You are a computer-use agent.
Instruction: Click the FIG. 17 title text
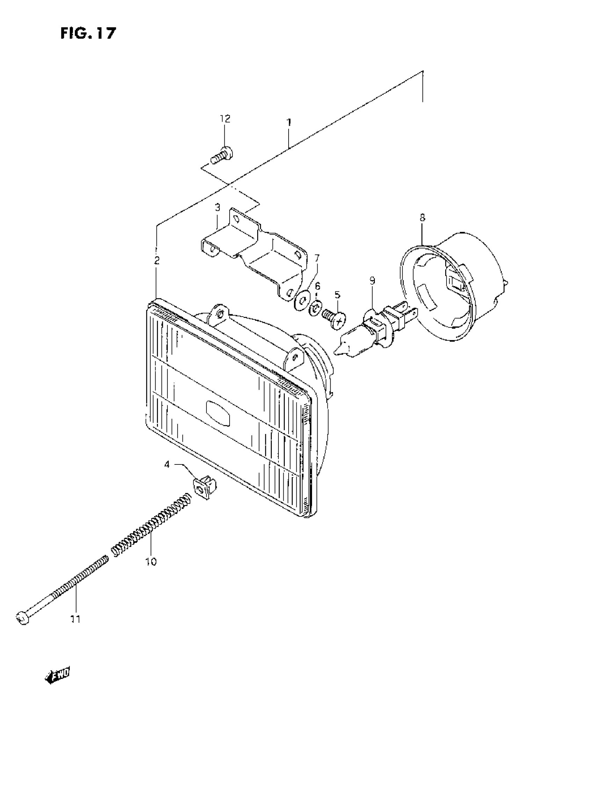tap(88, 34)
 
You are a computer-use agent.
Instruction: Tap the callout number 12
tap(225, 119)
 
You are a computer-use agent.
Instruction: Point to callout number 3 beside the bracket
tap(217, 208)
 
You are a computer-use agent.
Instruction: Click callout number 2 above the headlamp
tap(157, 260)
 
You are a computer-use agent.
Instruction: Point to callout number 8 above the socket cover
tap(422, 217)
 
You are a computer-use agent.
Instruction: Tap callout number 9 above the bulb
tap(372, 280)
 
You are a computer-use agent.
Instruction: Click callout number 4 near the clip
tap(167, 465)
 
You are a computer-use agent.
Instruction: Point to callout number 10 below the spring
tap(151, 561)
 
